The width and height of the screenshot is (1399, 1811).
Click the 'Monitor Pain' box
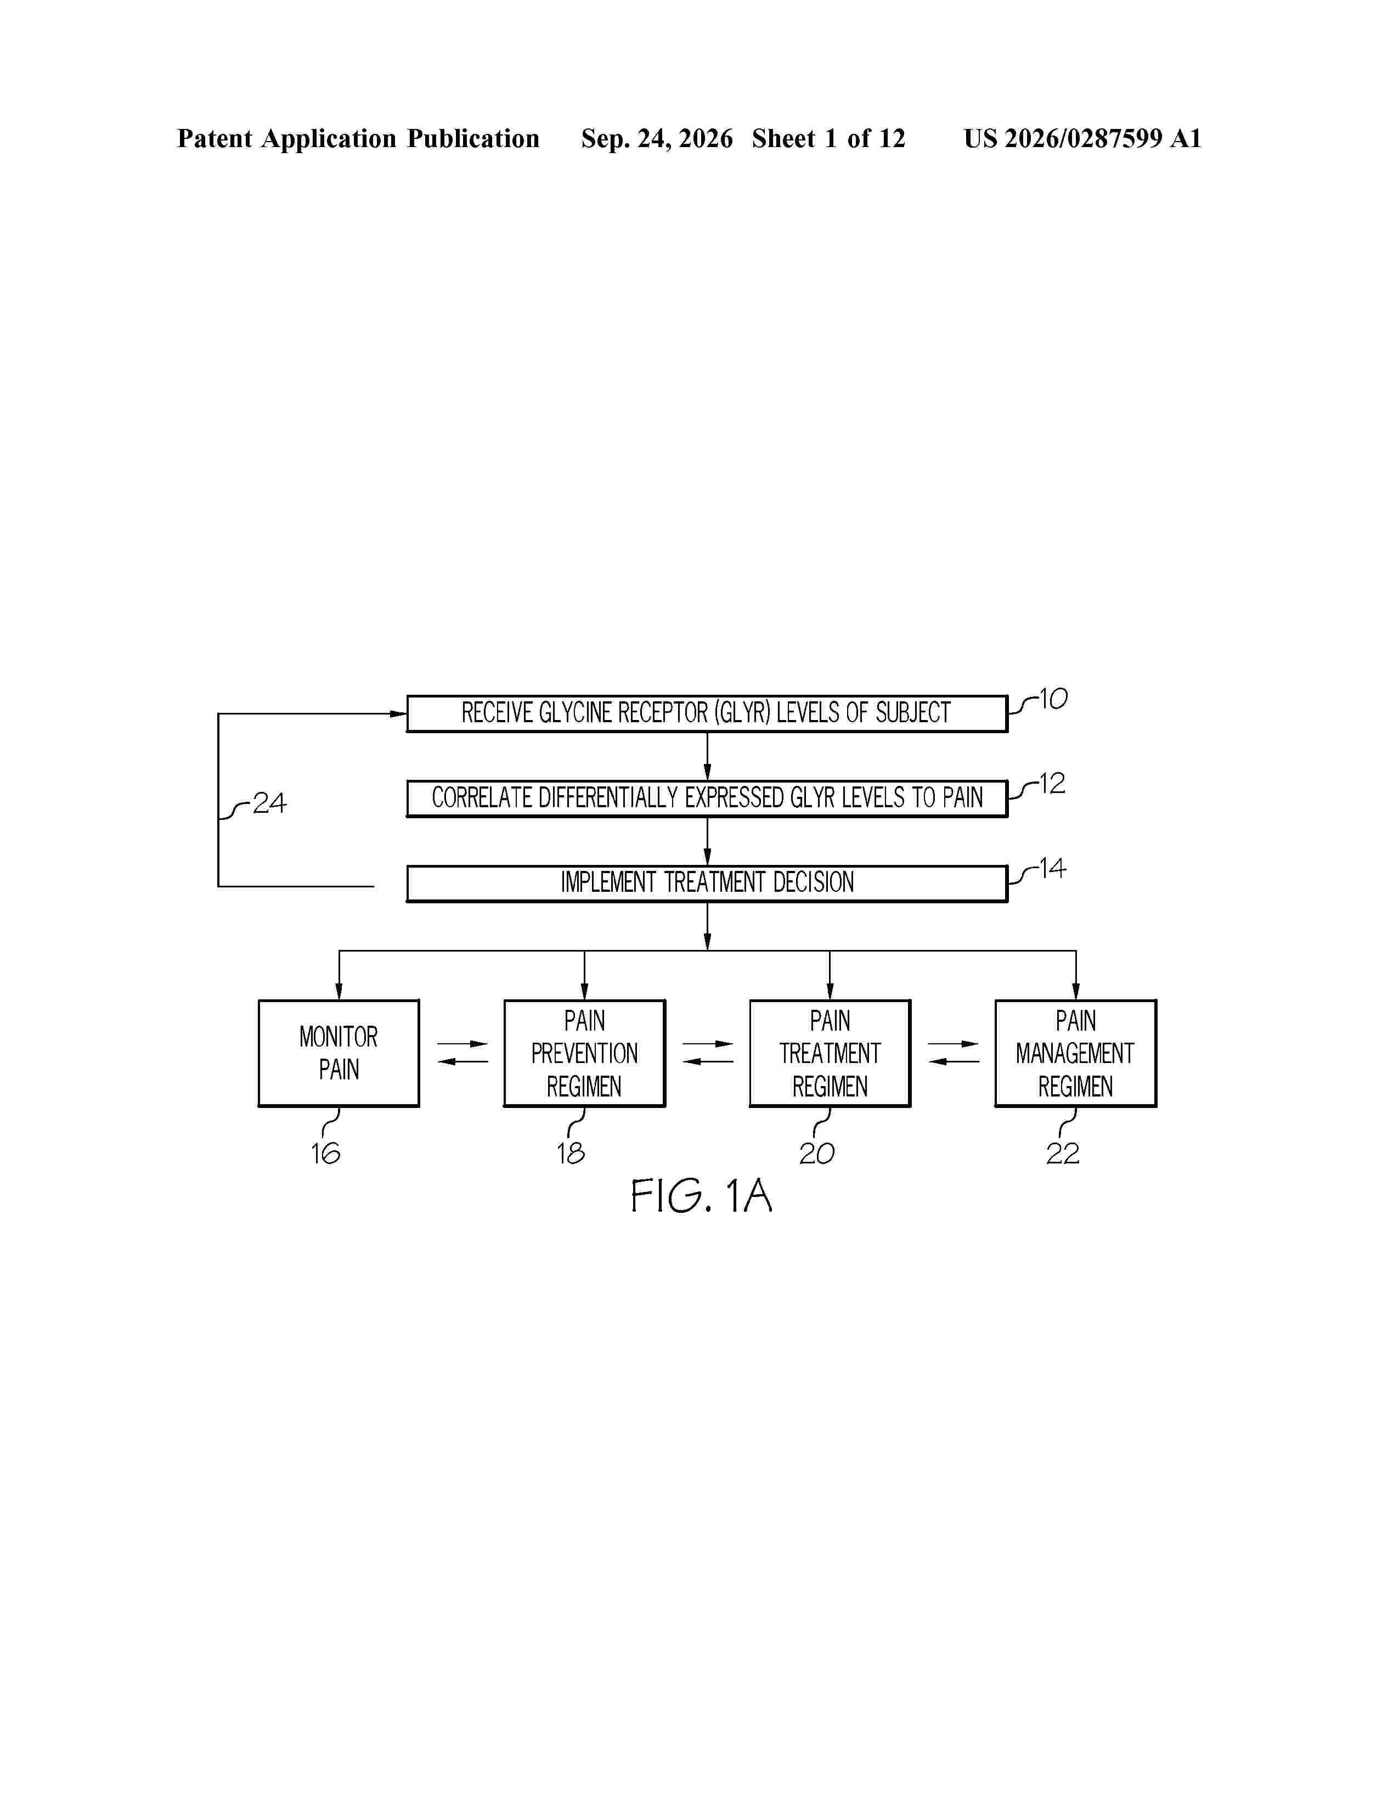(339, 1053)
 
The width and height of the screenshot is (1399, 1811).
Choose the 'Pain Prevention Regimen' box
(584, 1053)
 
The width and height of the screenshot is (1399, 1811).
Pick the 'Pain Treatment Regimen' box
(830, 1053)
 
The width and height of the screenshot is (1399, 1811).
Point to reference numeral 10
(1053, 699)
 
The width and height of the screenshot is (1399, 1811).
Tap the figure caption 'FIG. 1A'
(701, 1196)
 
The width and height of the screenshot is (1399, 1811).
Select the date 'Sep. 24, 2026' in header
(657, 138)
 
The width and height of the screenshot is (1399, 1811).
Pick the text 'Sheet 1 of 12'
(829, 138)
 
